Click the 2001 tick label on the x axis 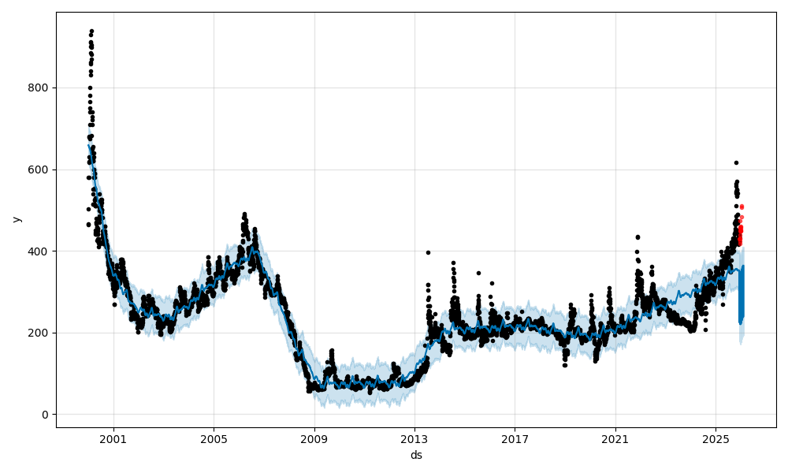113,438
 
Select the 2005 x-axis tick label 214,438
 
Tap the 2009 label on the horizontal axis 314,438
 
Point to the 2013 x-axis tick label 414,438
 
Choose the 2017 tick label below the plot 515,438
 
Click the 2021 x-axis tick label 615,438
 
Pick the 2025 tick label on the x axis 716,438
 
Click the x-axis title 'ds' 416,455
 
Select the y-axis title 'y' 16,219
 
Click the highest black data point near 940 91,32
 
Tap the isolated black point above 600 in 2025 736,162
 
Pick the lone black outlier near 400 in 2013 428,252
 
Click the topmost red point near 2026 742,207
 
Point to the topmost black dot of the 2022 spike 637,236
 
